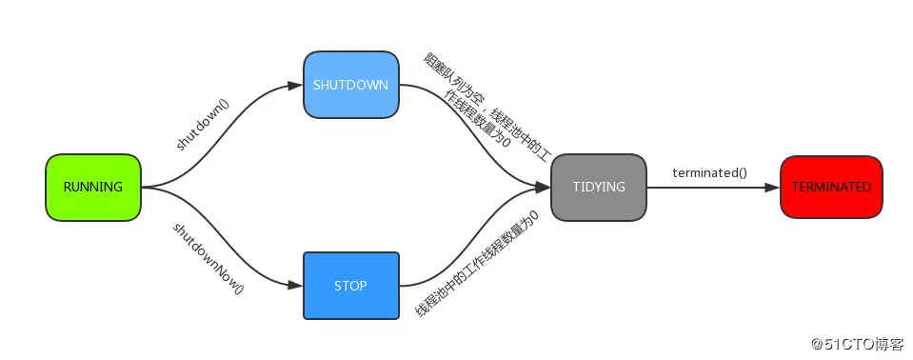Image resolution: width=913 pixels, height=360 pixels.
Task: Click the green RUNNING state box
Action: click(93, 188)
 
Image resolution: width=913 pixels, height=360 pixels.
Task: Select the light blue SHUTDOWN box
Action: click(350, 85)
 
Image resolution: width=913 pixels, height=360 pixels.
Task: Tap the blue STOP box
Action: click(350, 286)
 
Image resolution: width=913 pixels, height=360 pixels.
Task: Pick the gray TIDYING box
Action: click(598, 188)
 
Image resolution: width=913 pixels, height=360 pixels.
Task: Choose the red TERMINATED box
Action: click(830, 188)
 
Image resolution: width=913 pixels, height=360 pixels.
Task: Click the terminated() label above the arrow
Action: click(709, 172)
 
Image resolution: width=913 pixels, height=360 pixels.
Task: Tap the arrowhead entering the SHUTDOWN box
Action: click(296, 86)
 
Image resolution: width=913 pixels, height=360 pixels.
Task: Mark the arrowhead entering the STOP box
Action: click(296, 285)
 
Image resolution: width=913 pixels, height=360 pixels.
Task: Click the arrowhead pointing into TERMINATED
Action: click(772, 188)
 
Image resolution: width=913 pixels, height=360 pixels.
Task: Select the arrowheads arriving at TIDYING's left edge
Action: click(544, 188)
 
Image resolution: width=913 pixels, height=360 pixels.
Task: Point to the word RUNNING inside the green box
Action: click(93, 188)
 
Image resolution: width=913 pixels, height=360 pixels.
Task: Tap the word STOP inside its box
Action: click(350, 286)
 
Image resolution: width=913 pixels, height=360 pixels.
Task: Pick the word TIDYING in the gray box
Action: click(598, 188)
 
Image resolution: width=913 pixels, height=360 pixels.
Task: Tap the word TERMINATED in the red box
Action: click(830, 188)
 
